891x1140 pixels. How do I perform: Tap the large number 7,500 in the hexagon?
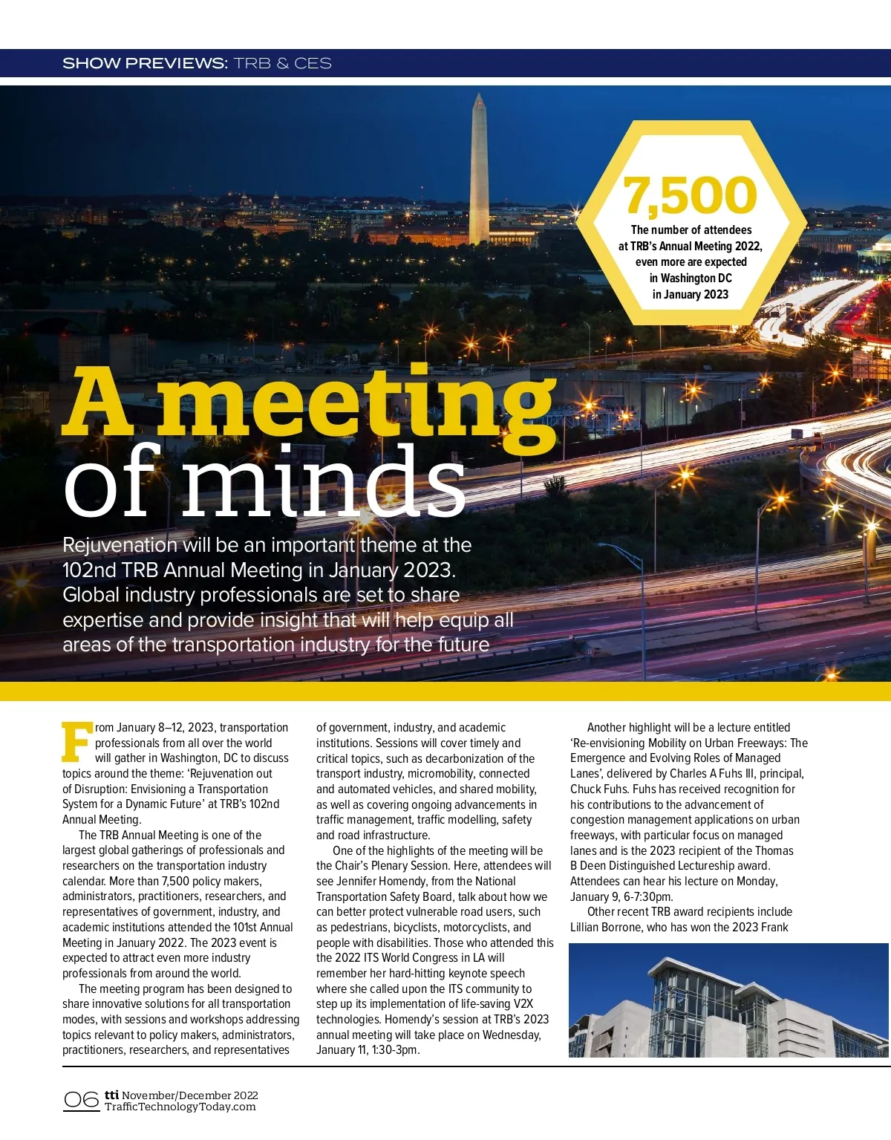[x=690, y=195]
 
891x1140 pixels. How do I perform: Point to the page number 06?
[x=81, y=1100]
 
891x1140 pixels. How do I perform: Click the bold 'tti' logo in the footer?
[x=111, y=1095]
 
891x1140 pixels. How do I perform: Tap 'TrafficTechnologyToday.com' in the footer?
[x=180, y=1107]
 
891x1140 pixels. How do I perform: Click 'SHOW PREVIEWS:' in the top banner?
[x=145, y=63]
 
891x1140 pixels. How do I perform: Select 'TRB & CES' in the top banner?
[x=283, y=63]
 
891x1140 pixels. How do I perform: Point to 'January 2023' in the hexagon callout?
[x=691, y=294]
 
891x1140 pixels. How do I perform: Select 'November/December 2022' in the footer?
[x=190, y=1095]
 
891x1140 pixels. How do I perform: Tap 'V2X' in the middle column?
[x=523, y=1004]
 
